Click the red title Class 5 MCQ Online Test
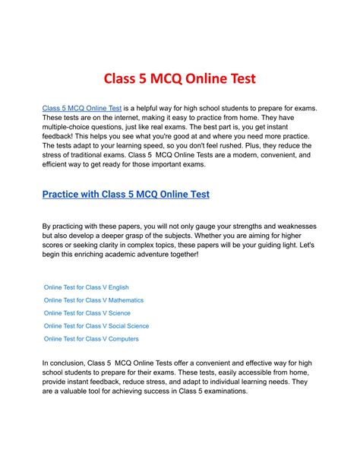click(x=180, y=78)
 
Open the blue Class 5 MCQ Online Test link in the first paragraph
click(x=81, y=109)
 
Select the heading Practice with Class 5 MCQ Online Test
click(x=126, y=194)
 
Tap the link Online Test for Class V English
click(x=87, y=287)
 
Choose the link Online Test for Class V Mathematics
click(x=93, y=300)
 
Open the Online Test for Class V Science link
click(x=87, y=313)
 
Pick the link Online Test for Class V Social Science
click(x=97, y=326)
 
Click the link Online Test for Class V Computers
click(x=91, y=339)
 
